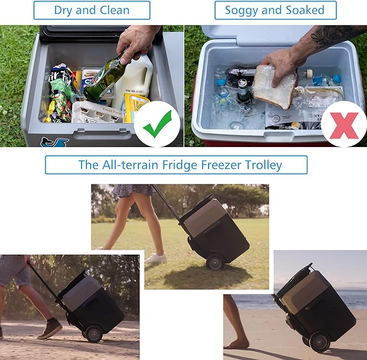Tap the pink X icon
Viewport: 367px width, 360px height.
pos(344,124)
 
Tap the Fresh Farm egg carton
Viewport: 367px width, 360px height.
pos(97,112)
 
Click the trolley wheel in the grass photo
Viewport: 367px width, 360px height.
pos(215,262)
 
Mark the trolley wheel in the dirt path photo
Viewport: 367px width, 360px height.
pos(94,334)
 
